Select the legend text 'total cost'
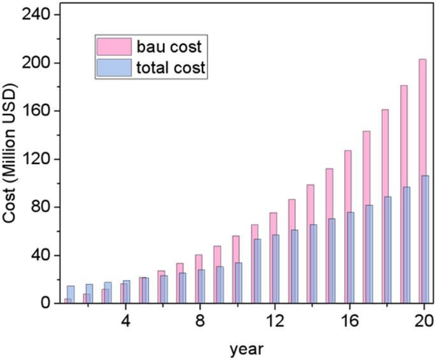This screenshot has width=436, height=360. click(x=170, y=68)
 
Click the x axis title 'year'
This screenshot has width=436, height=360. click(x=244, y=349)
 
